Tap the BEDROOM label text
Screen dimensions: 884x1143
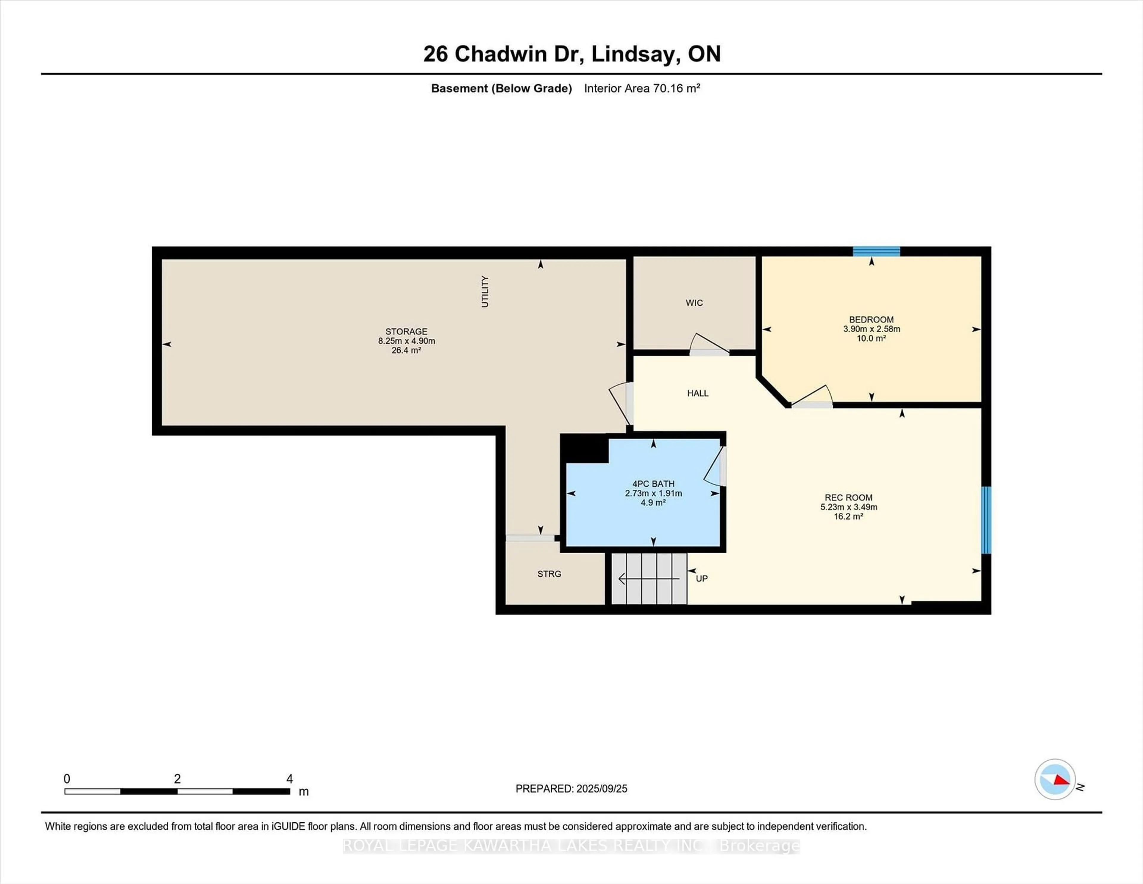tap(871, 320)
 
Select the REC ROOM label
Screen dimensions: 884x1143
tap(848, 497)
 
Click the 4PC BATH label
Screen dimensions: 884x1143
tap(653, 484)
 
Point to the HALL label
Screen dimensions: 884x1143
tap(698, 393)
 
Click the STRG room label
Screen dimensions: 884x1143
tap(549, 574)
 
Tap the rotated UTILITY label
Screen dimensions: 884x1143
tap(485, 292)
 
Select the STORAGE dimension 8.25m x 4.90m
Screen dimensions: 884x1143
tap(407, 341)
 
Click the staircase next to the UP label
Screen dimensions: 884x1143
tap(649, 579)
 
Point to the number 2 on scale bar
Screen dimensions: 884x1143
tap(177, 779)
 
